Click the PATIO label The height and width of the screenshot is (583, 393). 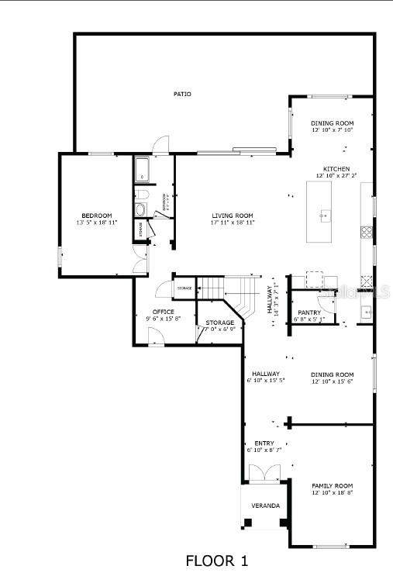click(x=182, y=94)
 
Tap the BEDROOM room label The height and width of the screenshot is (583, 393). click(x=97, y=215)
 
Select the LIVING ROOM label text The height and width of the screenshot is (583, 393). click(x=233, y=215)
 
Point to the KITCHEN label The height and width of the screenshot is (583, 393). click(x=336, y=169)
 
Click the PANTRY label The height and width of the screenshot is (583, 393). click(x=309, y=312)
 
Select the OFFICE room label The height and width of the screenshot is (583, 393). click(x=163, y=312)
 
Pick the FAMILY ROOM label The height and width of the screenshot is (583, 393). click(x=332, y=485)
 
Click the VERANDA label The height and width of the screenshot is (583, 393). click(x=264, y=505)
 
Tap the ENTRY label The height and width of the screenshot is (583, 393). click(x=264, y=443)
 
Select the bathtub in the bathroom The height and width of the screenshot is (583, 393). click(x=141, y=169)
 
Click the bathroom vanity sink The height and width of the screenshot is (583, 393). click(x=140, y=210)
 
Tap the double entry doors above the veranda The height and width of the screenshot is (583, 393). click(x=264, y=473)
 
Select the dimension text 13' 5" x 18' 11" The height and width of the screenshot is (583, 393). click(x=97, y=223)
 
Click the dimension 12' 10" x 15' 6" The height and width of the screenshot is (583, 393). click(x=332, y=381)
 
